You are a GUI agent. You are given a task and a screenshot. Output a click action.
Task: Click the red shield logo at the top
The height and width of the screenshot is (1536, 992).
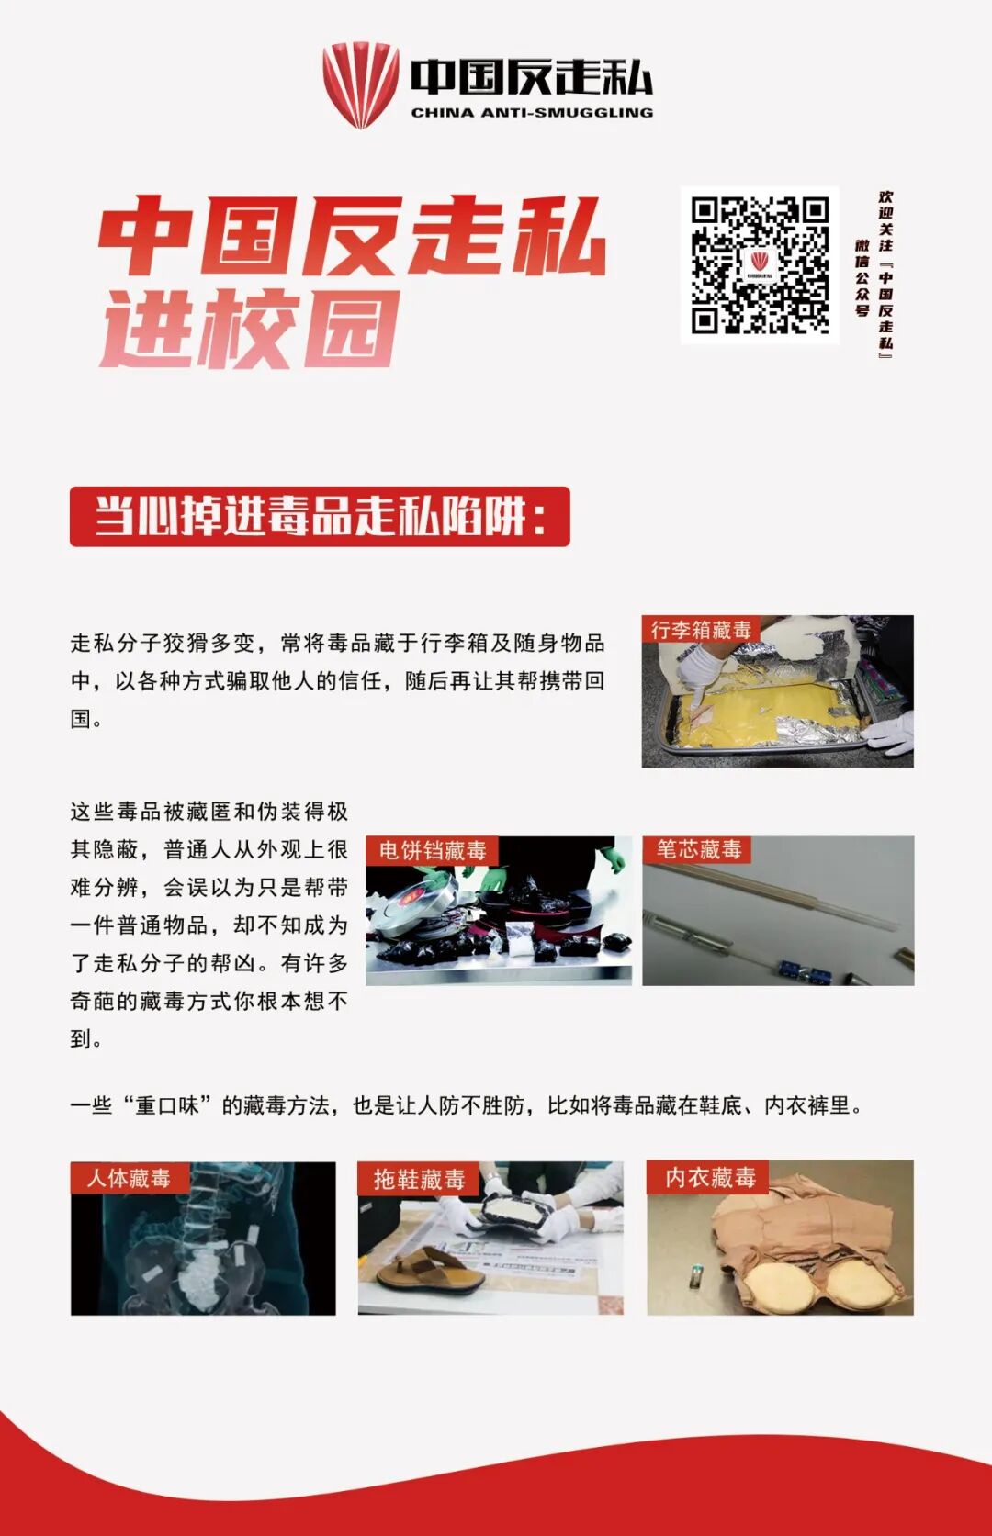tap(360, 85)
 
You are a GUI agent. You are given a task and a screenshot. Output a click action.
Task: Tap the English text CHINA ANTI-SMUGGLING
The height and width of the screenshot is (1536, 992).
tap(532, 112)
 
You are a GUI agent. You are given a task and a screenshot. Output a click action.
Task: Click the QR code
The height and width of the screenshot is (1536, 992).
tap(760, 264)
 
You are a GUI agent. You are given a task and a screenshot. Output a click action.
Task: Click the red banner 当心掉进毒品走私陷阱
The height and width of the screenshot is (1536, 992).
tap(320, 516)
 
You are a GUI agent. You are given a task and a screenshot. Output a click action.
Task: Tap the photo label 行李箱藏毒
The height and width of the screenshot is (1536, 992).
tap(701, 630)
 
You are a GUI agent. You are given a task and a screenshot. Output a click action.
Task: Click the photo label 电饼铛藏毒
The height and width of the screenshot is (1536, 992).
tap(433, 850)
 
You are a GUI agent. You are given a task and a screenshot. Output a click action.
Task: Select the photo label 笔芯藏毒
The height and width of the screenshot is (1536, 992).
tap(698, 849)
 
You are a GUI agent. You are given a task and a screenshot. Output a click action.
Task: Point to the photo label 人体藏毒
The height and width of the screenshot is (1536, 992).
tap(128, 1177)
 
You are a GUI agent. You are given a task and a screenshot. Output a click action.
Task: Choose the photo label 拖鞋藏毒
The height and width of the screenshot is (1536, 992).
tap(419, 1179)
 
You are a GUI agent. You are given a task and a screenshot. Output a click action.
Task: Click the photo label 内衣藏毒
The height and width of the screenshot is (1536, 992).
tap(709, 1177)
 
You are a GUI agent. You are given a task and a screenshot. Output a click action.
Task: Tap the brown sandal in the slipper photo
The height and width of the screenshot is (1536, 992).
tap(431, 1271)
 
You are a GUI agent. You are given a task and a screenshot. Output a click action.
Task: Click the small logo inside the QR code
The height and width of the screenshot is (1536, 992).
tap(760, 264)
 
